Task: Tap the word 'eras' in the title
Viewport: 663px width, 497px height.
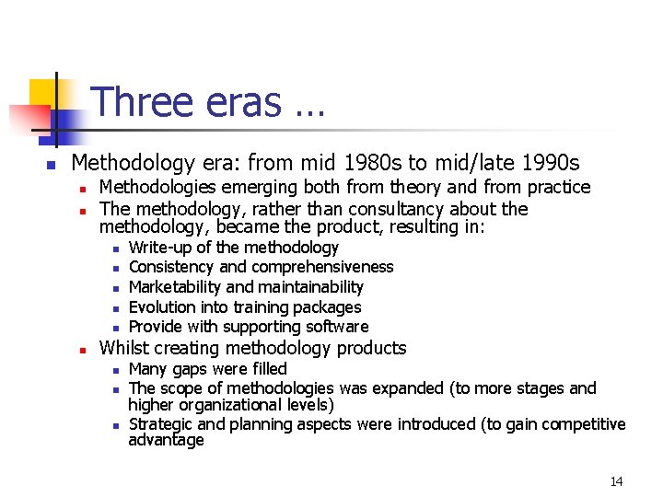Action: click(x=238, y=102)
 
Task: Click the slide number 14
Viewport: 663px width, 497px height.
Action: click(x=616, y=481)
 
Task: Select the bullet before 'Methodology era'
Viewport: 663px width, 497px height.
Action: click(x=52, y=165)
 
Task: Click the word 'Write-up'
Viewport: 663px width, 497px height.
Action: click(x=161, y=248)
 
